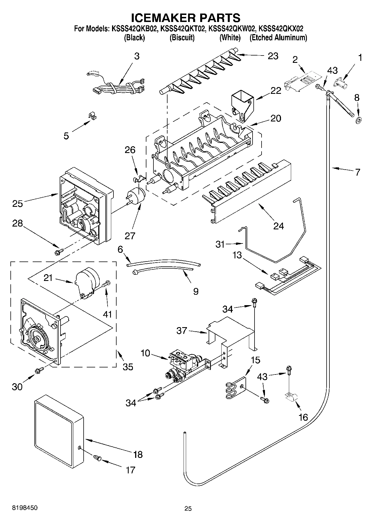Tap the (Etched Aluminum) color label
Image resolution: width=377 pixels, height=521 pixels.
[x=278, y=38]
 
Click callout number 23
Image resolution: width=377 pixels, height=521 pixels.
[x=273, y=56]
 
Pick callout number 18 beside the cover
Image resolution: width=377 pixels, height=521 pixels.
[x=138, y=454]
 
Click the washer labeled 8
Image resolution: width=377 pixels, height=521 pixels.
[x=359, y=121]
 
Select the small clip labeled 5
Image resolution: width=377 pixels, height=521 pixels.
[x=92, y=116]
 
